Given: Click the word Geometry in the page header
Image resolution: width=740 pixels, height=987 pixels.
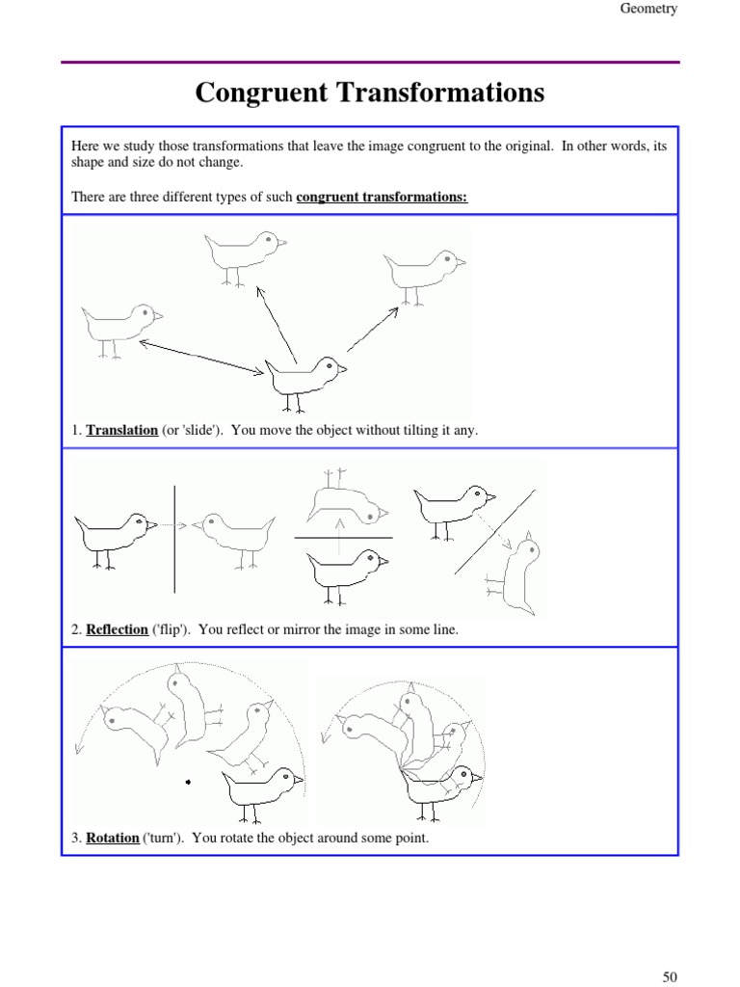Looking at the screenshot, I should click(x=647, y=9).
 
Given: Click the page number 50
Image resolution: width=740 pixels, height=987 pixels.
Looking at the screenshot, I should click(x=670, y=976).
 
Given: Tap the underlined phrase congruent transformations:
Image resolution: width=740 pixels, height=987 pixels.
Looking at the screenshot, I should click(x=382, y=198).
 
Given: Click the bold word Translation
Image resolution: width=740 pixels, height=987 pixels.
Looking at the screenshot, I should click(x=122, y=430).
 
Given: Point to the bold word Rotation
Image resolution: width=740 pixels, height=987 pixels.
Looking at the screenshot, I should click(x=113, y=838).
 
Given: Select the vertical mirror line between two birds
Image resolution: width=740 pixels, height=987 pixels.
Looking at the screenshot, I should click(x=174, y=538).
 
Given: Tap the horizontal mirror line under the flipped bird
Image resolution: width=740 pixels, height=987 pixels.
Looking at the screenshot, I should click(x=343, y=537).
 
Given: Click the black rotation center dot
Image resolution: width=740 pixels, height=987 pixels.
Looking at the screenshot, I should click(x=188, y=782).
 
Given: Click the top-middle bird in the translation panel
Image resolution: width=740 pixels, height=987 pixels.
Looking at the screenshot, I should click(x=243, y=253).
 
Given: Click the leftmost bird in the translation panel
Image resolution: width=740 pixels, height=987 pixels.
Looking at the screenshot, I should click(x=121, y=325).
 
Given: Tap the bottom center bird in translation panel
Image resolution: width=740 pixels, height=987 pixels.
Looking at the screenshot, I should click(x=305, y=376).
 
